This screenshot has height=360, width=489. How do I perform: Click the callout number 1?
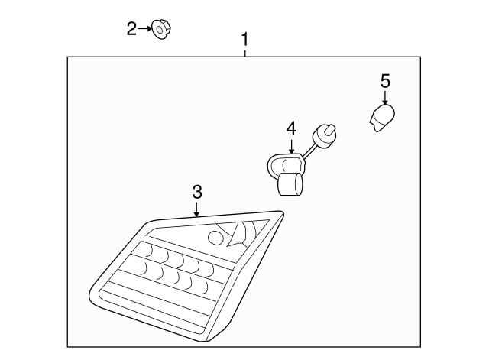245,38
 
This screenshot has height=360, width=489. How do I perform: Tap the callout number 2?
131,29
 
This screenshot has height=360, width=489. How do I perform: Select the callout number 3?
197,190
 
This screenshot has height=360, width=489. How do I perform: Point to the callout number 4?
291,128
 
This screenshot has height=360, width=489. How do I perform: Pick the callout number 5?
385,80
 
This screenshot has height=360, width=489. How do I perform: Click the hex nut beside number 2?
160,30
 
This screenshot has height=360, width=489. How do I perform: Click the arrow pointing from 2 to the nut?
145,29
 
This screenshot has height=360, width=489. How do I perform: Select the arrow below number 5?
385,97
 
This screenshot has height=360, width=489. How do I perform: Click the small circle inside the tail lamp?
216,238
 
